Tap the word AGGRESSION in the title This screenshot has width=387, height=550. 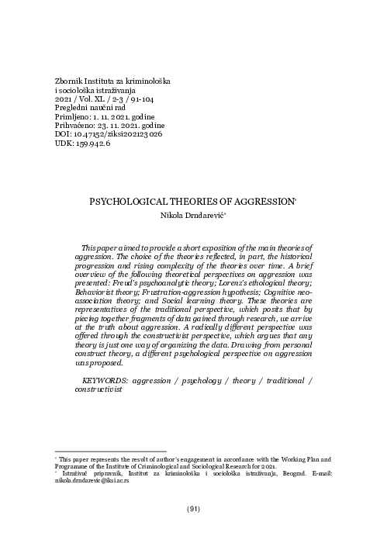[263, 200]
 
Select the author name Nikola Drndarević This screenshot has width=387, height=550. [194, 215]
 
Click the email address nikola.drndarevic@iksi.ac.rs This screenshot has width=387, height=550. [91, 481]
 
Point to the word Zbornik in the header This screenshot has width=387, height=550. [66, 81]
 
